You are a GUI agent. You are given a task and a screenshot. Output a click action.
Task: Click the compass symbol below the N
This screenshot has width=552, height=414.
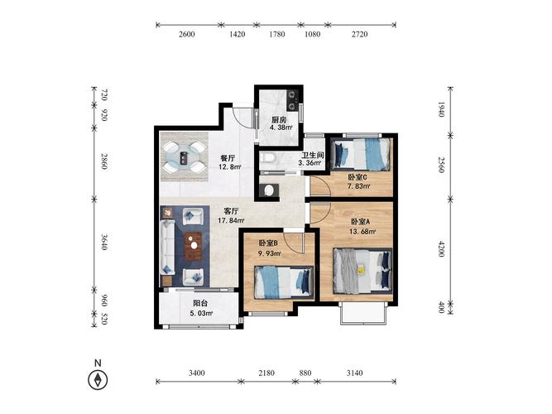(98, 380)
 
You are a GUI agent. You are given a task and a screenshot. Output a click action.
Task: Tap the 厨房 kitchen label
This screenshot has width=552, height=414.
(279, 120)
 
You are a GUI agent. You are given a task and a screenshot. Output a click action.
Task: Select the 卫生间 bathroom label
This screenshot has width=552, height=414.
(312, 155)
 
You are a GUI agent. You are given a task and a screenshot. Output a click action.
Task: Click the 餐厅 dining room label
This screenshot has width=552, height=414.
(228, 158)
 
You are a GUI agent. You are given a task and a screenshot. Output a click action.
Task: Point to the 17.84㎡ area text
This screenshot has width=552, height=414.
(231, 221)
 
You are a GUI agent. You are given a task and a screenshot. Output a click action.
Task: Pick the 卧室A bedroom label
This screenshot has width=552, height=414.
(360, 222)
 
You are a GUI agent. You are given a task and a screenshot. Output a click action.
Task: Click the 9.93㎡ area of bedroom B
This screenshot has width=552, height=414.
(270, 253)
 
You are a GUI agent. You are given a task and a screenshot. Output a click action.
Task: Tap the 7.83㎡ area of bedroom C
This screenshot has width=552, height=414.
(358, 186)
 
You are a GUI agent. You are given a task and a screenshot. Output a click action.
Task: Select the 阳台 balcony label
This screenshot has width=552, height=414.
(200, 303)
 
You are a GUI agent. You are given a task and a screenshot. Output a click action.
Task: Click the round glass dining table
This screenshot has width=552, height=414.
(184, 157)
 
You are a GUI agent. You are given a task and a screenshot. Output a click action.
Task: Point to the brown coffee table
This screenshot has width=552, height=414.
(194, 246)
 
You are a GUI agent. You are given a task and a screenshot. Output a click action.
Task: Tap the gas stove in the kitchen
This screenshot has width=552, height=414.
(292, 100)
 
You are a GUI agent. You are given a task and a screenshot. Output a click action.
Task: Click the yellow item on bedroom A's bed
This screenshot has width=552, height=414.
(361, 270)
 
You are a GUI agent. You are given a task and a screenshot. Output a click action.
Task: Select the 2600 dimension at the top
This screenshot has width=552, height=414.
(186, 34)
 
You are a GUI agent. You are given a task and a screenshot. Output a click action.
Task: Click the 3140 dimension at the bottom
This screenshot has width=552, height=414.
(354, 373)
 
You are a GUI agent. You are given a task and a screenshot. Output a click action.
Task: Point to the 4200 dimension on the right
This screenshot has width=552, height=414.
(441, 248)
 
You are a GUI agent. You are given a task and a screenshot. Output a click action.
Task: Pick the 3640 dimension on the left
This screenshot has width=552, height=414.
(103, 242)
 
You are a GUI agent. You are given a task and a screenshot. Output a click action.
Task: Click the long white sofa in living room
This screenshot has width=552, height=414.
(167, 248)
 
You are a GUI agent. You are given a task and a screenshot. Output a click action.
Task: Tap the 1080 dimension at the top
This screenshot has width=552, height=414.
(312, 34)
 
